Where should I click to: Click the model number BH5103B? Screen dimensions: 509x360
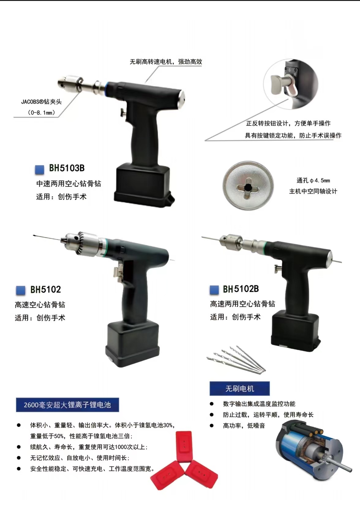coord(67,168)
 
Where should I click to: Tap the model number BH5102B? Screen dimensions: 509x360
coord(241,289)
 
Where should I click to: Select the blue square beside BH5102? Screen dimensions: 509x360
coord(21,290)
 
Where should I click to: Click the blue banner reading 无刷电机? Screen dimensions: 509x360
coord(240,389)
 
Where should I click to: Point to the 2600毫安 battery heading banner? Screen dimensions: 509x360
coord(67,405)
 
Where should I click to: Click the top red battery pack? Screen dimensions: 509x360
coord(184,444)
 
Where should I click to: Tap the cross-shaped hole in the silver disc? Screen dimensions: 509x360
coord(248,187)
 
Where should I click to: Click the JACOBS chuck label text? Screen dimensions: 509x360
coord(41,102)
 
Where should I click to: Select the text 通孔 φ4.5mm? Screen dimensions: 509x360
coord(313,181)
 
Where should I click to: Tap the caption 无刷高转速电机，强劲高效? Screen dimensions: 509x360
coord(166,62)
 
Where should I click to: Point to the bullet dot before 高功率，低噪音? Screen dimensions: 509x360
coord(212,425)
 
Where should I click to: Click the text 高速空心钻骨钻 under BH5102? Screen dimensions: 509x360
coord(40,305)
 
